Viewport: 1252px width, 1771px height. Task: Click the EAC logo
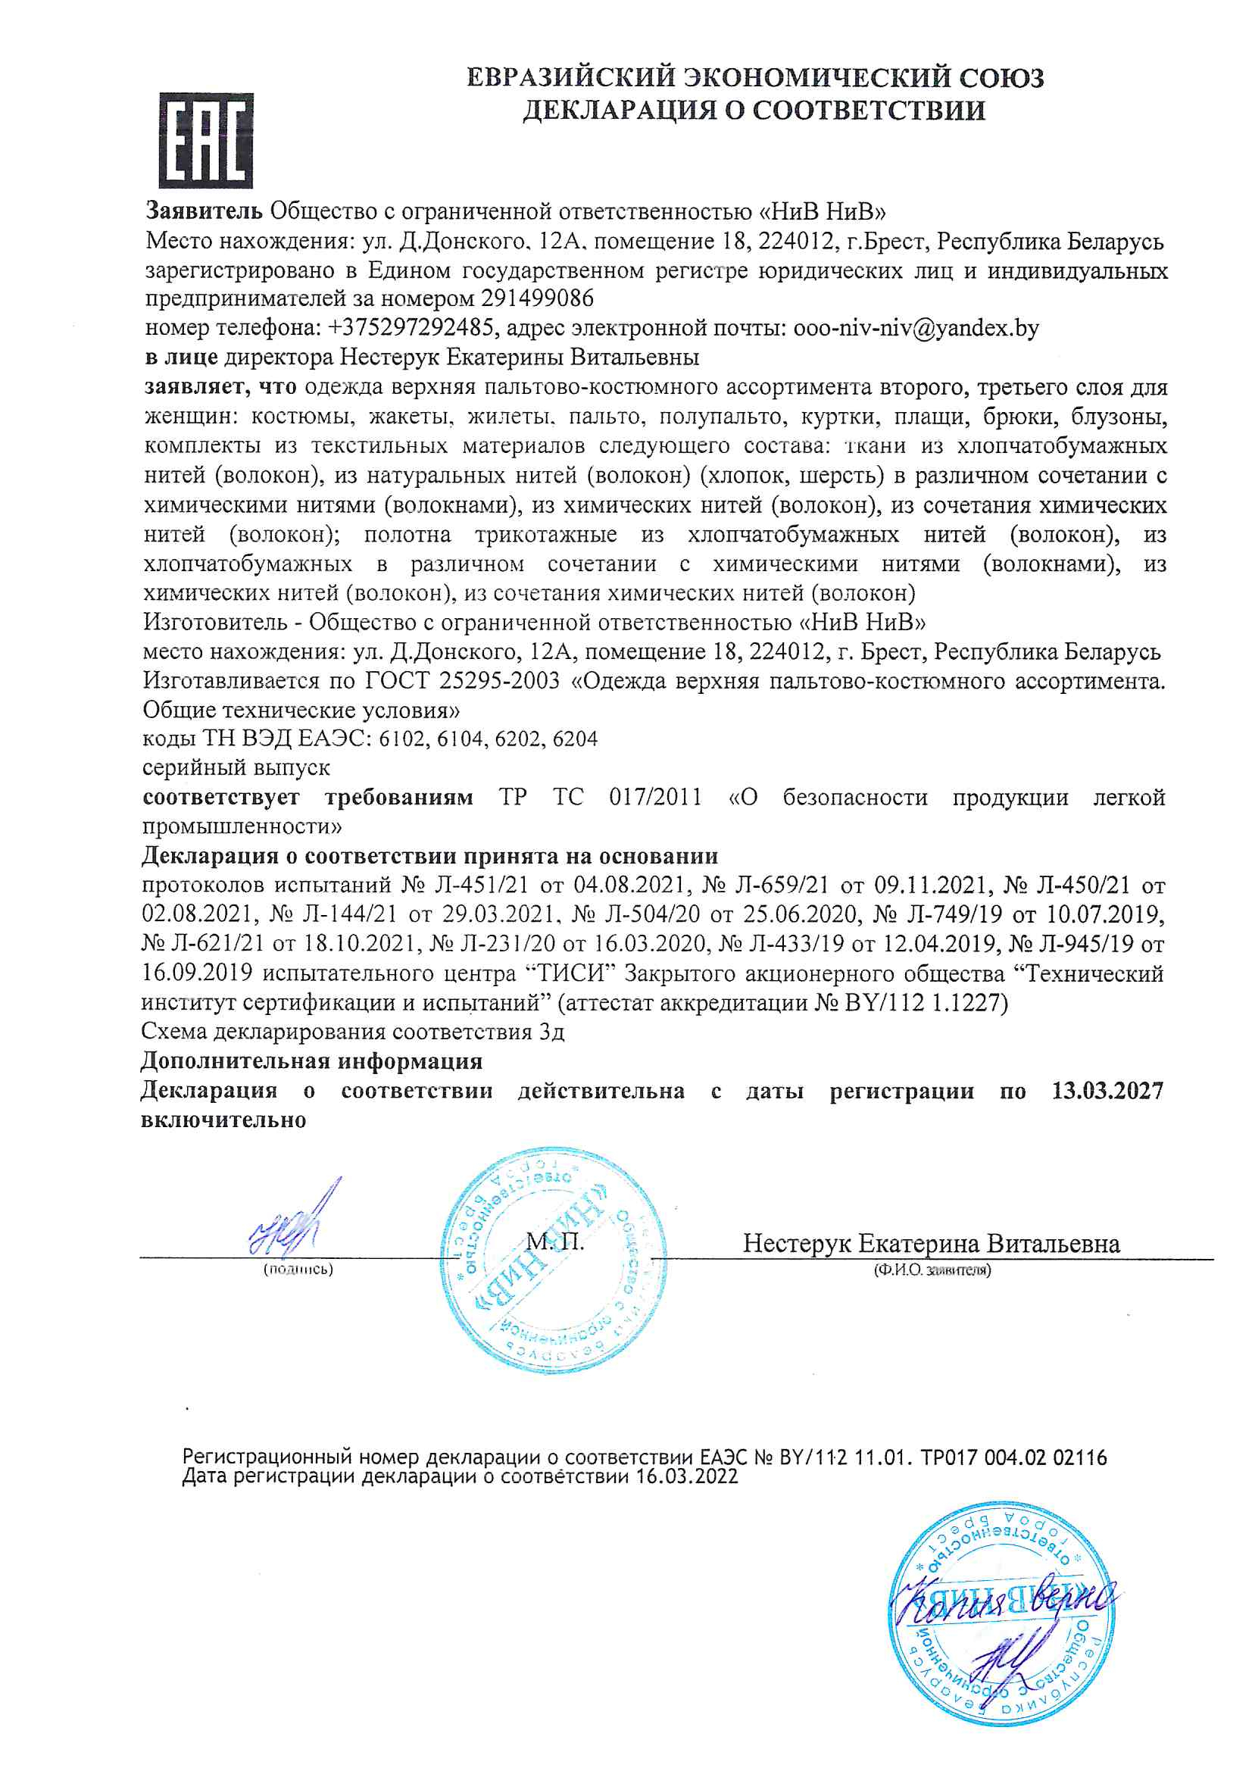pyautogui.click(x=206, y=140)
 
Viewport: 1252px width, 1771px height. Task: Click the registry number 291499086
pyautogui.click(x=537, y=298)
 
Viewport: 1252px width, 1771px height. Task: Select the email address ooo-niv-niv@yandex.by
pyautogui.click(x=916, y=328)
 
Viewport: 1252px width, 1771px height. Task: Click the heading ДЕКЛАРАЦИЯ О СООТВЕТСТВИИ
pyautogui.click(x=754, y=111)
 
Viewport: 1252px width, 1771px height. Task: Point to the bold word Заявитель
pyautogui.click(x=205, y=211)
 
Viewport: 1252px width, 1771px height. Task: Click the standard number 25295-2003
pyautogui.click(x=499, y=681)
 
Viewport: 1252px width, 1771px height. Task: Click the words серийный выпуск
pyautogui.click(x=236, y=768)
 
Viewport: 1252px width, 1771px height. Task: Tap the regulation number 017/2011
pyautogui.click(x=655, y=797)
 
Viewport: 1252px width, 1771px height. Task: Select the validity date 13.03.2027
pyautogui.click(x=1107, y=1091)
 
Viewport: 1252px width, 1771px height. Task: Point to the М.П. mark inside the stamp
pyautogui.click(x=554, y=1241)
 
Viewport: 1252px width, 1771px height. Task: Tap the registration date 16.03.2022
pyautogui.click(x=686, y=1476)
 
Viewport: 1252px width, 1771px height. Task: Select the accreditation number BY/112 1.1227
pyautogui.click(x=923, y=1003)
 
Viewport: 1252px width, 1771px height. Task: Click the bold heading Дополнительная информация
pyautogui.click(x=311, y=1061)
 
